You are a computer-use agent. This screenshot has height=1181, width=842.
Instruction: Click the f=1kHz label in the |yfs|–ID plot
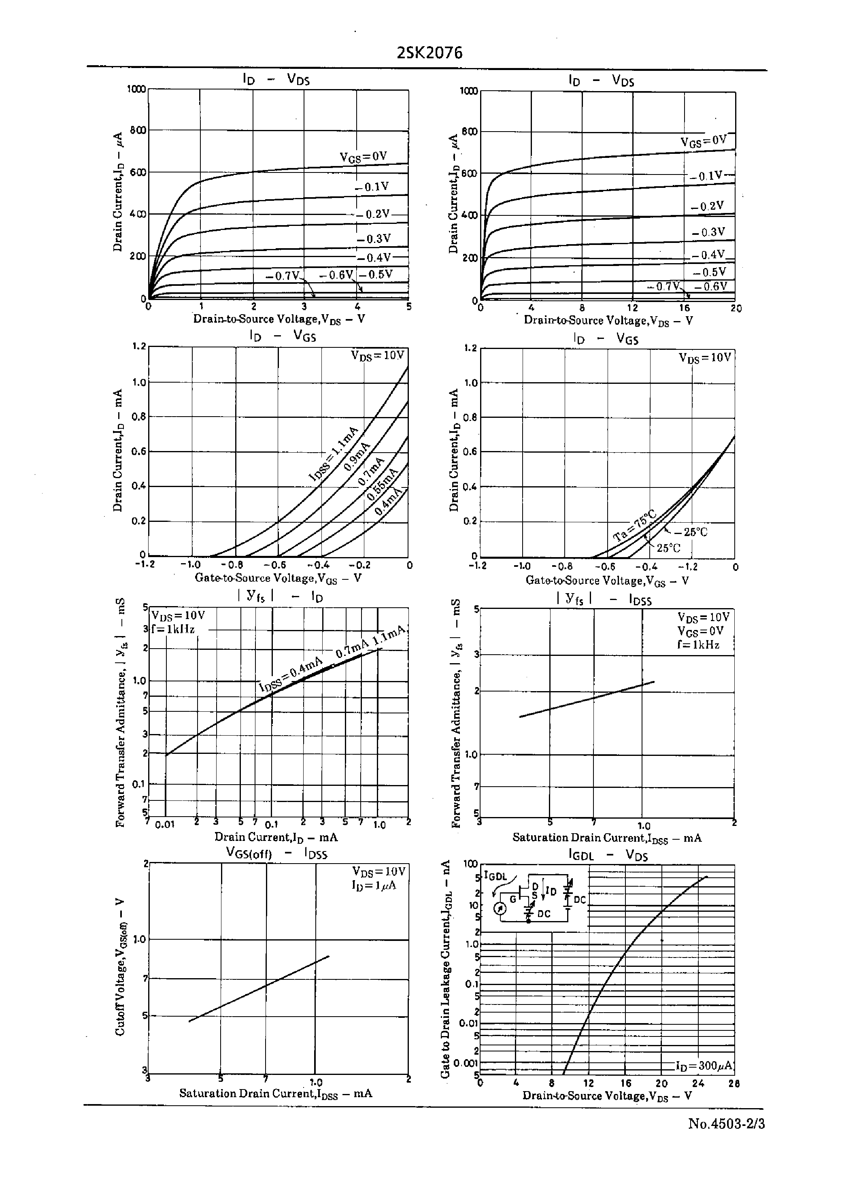[173, 630]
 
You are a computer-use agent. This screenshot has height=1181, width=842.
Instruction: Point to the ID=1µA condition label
[373, 885]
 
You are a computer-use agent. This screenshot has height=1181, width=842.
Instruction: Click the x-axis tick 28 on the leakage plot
[734, 1083]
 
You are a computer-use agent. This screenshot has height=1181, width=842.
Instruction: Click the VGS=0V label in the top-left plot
[364, 157]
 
